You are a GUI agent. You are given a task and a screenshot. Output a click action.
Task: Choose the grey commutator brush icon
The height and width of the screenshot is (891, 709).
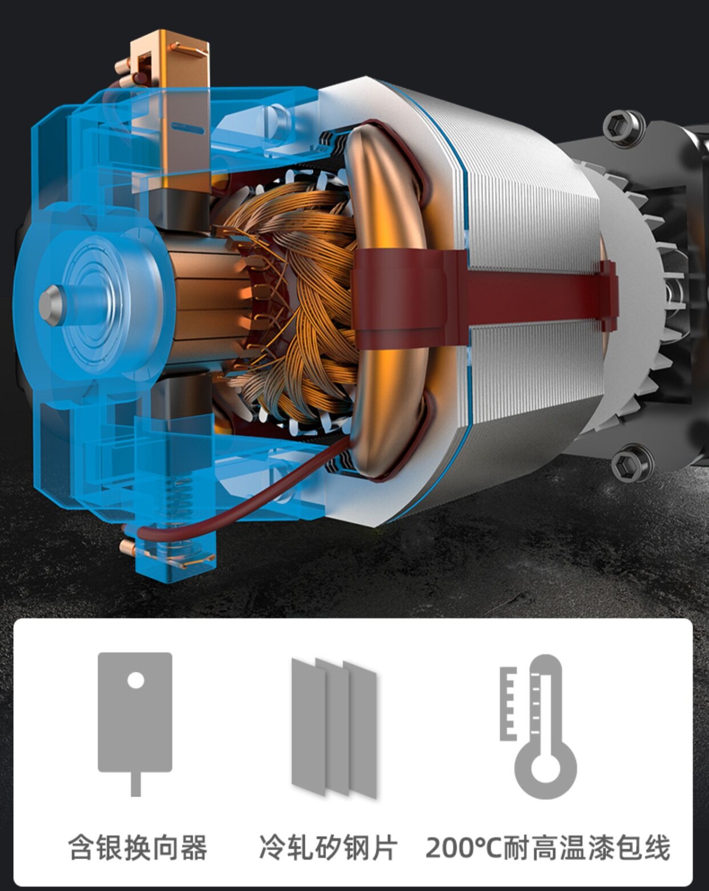pyautogui.click(x=135, y=724)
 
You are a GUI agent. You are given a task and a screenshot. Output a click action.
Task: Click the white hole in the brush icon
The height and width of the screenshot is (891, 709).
pyautogui.click(x=136, y=680)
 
